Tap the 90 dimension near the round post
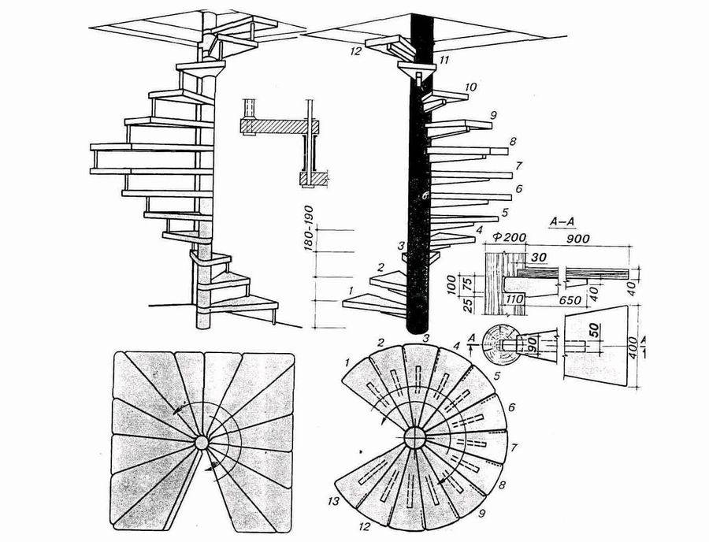(531, 344)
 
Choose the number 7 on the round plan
(514, 447)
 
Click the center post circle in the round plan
(414, 437)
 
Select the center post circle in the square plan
(202, 444)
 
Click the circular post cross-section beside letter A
(498, 343)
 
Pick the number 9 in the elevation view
(492, 116)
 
